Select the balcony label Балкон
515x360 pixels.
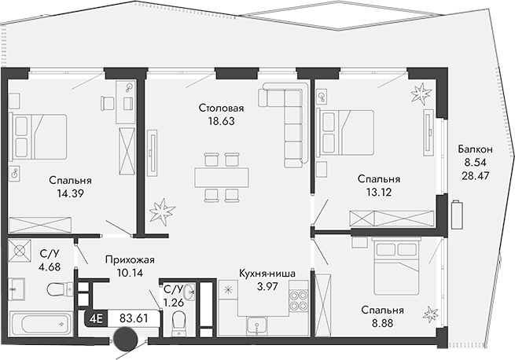[x=476, y=149]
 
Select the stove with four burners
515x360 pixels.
[x=299, y=302]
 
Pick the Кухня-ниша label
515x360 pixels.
[x=267, y=274]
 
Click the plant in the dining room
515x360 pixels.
[x=164, y=211]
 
